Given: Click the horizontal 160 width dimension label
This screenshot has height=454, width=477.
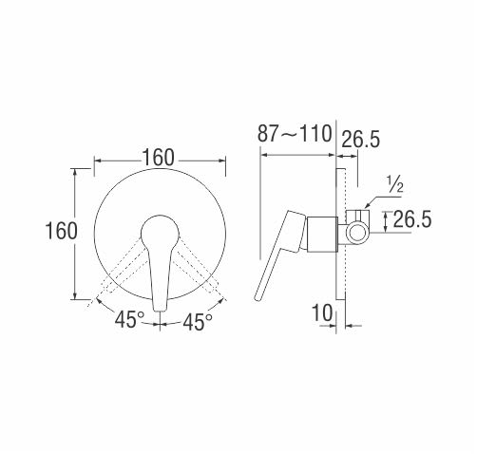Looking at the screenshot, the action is point(158,158).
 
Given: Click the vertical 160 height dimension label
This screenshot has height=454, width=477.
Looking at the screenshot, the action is point(62,231).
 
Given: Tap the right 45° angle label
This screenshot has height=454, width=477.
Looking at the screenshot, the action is point(198,322).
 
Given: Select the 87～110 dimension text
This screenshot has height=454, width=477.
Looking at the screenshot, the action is point(295,133).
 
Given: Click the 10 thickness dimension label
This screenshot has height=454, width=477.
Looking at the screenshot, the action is point(323,313).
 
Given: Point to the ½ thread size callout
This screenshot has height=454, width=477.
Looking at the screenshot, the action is point(395,184).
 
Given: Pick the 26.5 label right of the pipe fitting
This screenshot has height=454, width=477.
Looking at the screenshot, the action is point(412,219).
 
